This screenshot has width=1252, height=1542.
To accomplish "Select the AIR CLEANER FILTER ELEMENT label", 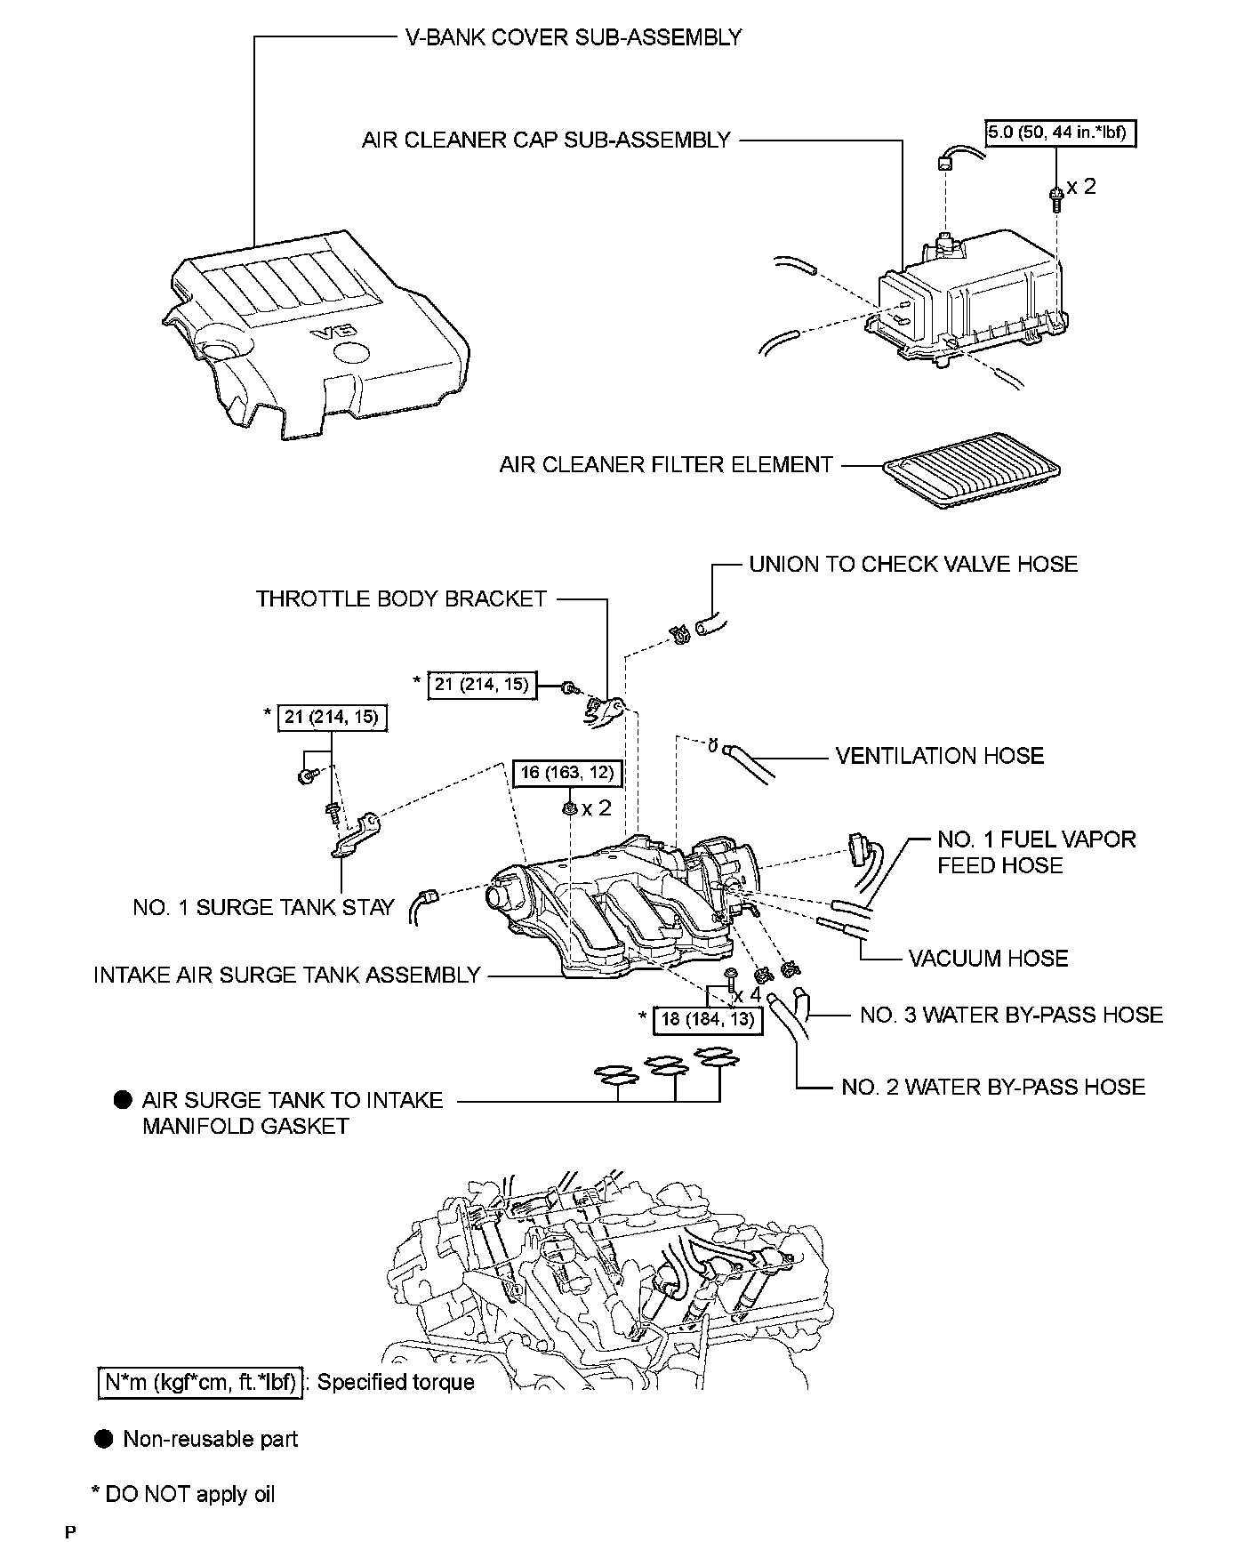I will coord(665,464).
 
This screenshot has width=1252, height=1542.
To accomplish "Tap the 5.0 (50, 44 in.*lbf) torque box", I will coord(1060,134).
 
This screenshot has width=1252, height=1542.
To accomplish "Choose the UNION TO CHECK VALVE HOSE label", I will coord(912,564).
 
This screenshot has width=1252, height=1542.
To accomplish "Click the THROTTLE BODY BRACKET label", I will coord(401,598).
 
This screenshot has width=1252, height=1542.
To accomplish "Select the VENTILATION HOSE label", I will coord(939,756).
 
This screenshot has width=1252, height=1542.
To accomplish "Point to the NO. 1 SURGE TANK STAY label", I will coord(263,907).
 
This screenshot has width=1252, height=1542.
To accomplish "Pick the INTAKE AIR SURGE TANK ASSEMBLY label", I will coord(286,976).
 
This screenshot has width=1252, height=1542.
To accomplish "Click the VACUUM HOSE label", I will coord(988,958).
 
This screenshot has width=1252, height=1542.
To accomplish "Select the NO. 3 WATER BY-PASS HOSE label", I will coord(1011,1015).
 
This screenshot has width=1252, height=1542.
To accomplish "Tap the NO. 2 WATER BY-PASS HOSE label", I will coord(992,1087).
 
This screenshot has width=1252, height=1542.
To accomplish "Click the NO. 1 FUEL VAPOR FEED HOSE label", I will coord(1036,852).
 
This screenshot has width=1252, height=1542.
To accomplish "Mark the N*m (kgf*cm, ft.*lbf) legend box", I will coord(200,1383).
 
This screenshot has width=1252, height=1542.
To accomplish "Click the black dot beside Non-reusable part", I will coord(105,1439).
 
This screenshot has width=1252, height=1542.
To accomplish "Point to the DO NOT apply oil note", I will coord(184,1494).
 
